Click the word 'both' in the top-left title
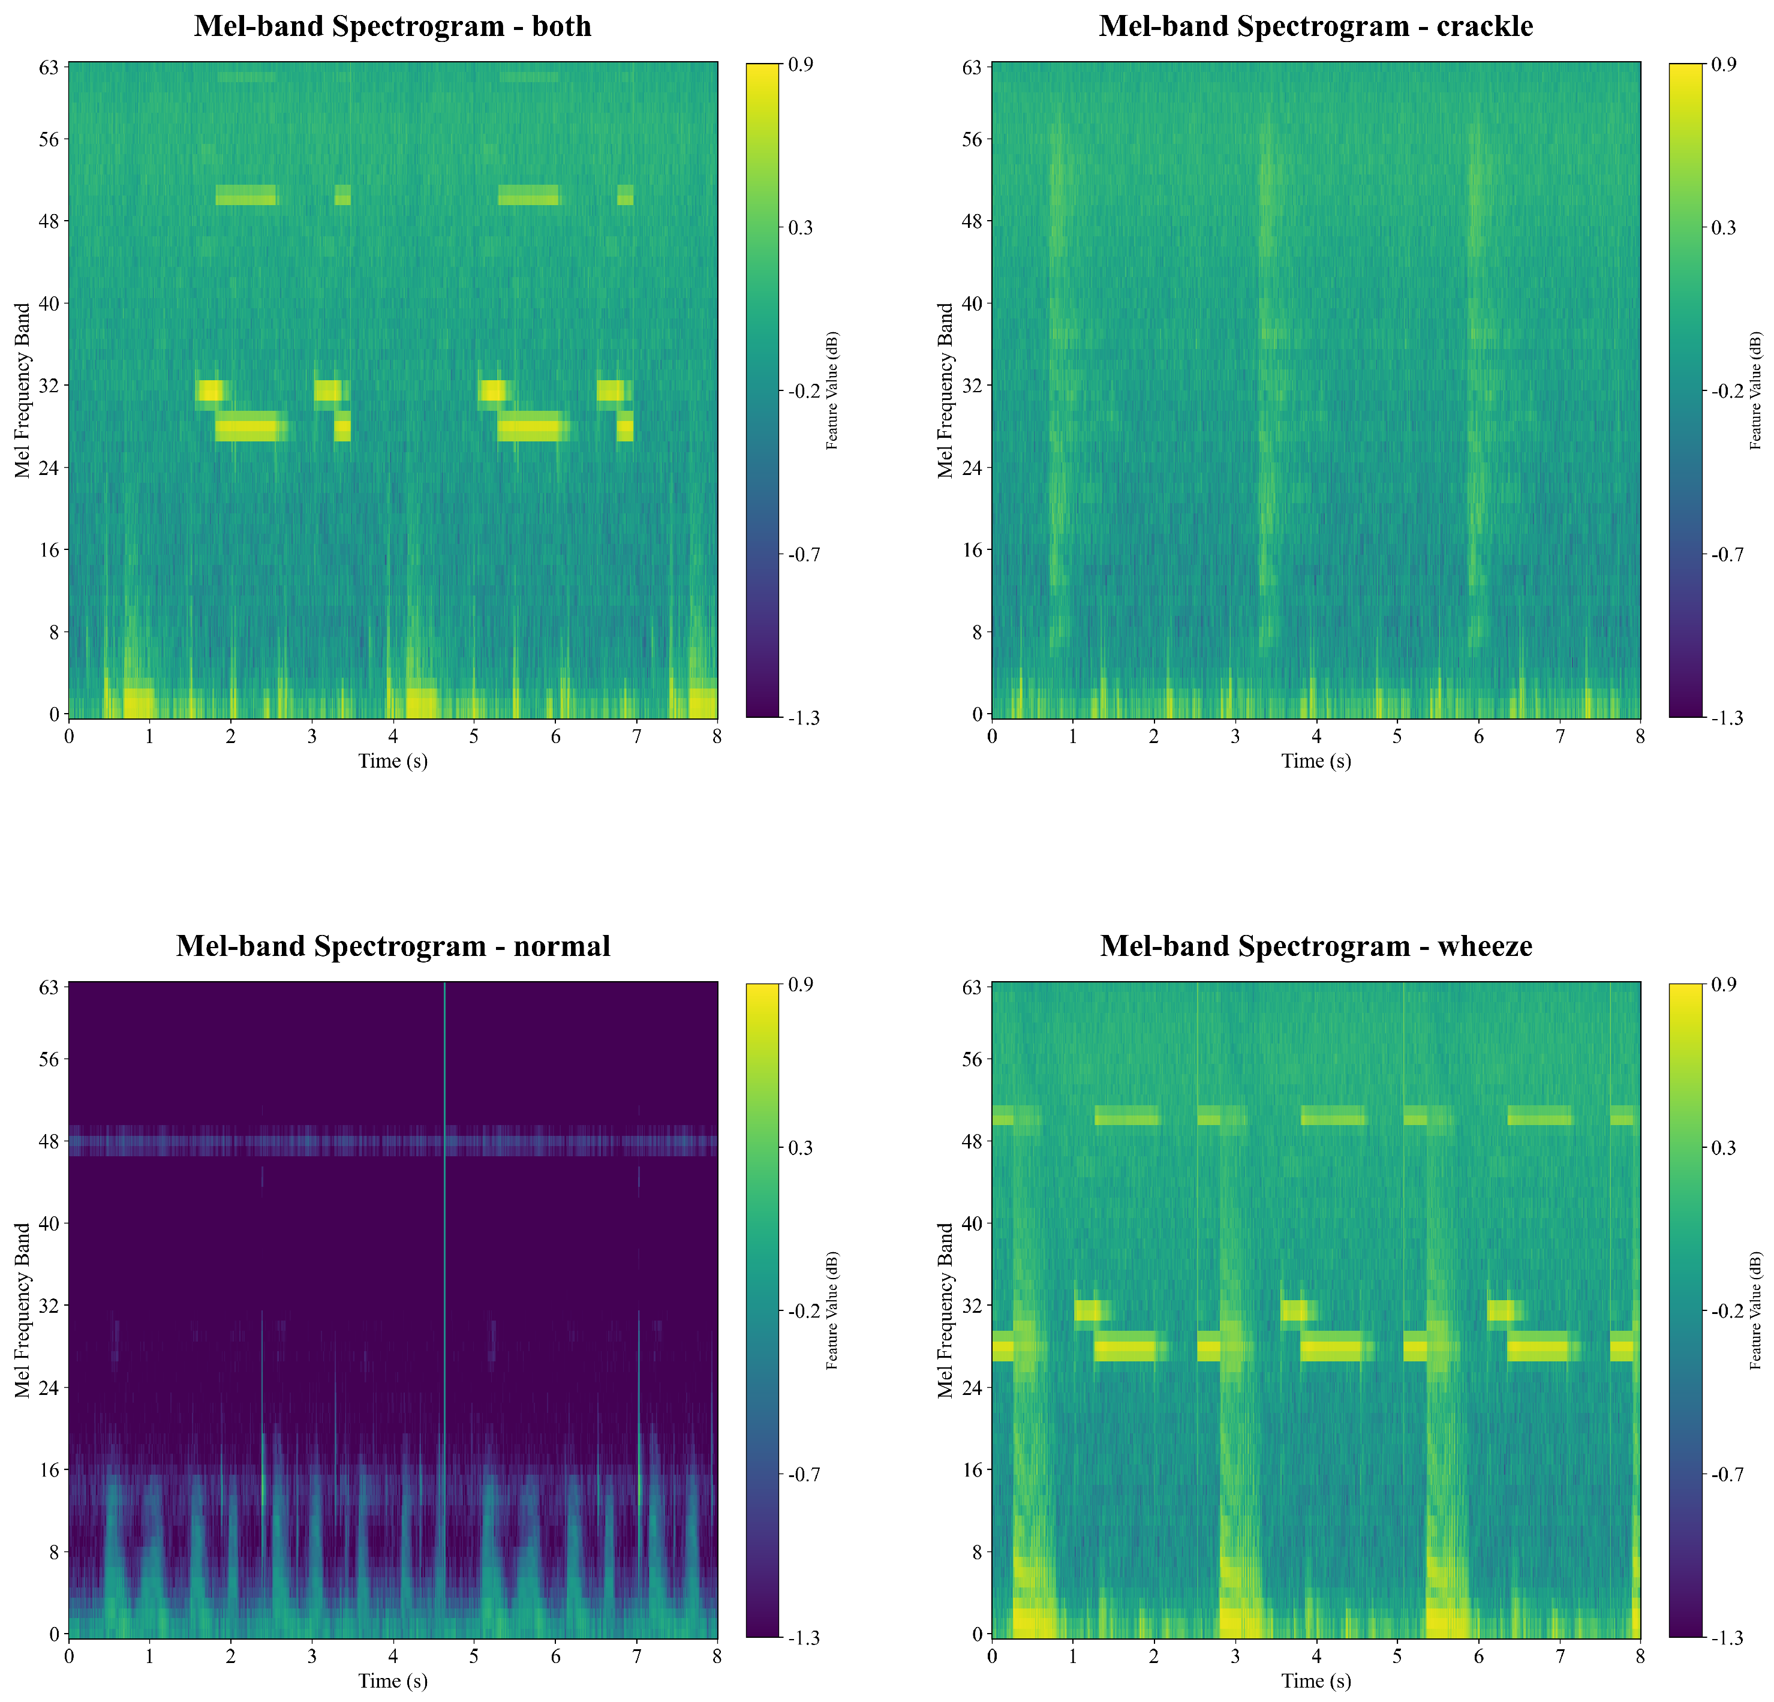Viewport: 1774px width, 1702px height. point(561,26)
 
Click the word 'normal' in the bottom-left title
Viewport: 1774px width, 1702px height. point(561,946)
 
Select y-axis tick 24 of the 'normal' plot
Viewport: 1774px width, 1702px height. point(48,1387)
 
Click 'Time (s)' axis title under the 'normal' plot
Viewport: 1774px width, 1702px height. point(393,1681)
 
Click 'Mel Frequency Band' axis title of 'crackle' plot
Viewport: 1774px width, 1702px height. point(946,390)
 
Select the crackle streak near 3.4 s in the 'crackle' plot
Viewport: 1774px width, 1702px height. point(1265,362)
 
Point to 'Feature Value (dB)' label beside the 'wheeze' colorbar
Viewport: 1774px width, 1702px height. point(1756,1310)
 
